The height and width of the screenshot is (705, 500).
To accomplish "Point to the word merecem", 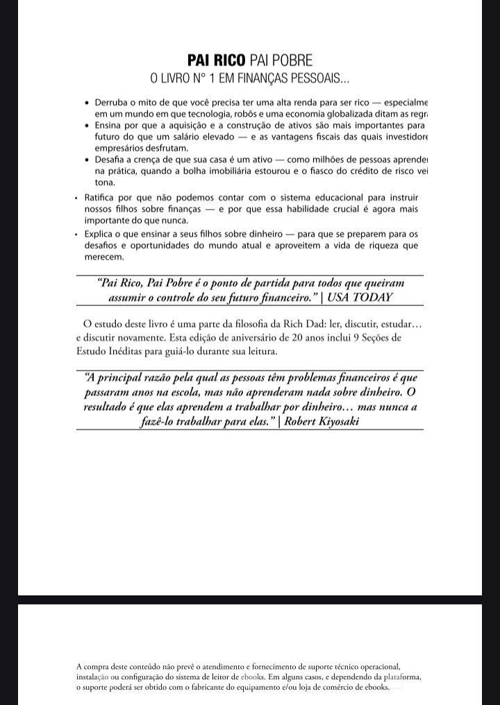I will tap(104, 257).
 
